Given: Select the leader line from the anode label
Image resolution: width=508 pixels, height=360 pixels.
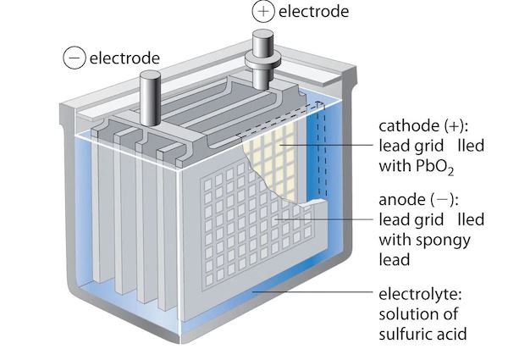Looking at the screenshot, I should click(x=330, y=220).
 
